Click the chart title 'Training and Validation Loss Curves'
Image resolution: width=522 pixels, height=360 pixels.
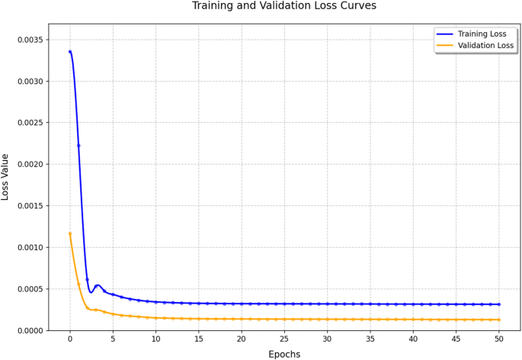pos(283,6)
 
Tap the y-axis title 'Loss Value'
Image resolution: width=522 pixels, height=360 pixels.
pos(6,177)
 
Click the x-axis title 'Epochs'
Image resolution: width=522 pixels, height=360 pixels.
pos(283,354)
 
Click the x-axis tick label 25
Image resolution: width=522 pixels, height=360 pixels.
pos(284,339)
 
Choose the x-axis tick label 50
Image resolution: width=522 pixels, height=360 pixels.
pos(498,339)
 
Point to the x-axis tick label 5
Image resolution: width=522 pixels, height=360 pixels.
pos(113,339)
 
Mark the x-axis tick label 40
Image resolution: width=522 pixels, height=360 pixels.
pos(413,339)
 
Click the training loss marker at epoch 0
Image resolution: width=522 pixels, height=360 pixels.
pos(70,52)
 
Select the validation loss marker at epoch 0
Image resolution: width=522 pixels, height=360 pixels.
pos(70,233)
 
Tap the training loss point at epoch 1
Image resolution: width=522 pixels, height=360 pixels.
pos(78,146)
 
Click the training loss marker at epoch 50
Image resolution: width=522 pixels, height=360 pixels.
pos(498,304)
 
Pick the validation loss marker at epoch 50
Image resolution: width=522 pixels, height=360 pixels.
pos(498,320)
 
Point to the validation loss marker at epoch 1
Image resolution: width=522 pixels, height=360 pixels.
pos(78,284)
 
